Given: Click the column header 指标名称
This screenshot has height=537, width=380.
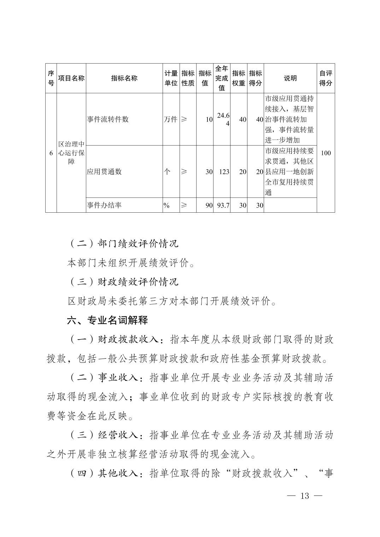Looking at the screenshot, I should coord(124,78).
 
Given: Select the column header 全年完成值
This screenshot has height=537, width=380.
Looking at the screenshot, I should coord(222,78).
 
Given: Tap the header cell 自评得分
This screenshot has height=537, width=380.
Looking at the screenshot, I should coord(326,78).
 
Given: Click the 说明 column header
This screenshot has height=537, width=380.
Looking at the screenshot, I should coord(290,78).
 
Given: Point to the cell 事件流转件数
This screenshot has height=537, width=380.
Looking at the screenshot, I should coord(108,119).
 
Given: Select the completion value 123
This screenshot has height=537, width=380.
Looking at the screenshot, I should coord(224,172).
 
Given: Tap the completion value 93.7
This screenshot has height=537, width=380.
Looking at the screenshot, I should coord(223,205).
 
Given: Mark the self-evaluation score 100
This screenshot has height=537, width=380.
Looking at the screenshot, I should coord(326,153).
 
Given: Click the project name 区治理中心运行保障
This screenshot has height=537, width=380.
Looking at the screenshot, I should coord(71,153).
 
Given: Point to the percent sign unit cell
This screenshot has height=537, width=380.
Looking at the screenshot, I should coord(166,205).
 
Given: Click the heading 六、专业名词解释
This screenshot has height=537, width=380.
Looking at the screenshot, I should coord(107,320).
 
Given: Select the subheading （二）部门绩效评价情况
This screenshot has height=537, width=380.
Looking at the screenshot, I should coord(123,243).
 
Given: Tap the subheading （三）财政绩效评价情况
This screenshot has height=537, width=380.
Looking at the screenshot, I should coord(123,282).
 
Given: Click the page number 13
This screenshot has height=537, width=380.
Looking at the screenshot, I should coord(305,496).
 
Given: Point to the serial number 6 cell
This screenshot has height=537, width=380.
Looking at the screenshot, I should coord(51,153).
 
